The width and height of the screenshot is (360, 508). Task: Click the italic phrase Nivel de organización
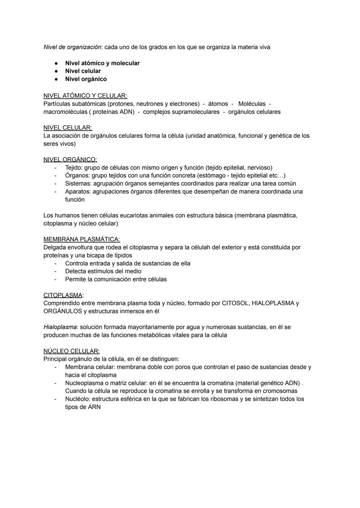72,47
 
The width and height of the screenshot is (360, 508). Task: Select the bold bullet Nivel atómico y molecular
102,63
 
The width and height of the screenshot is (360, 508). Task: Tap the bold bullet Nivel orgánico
86,79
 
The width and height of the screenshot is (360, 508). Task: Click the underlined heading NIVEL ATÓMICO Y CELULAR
85,96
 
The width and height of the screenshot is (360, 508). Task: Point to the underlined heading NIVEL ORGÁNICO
70,160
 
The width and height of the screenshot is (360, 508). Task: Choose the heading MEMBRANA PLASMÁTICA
81,239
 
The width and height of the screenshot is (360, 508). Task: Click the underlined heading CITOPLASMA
63,295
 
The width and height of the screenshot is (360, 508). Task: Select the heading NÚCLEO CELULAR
71,351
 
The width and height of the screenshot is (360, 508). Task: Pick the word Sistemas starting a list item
78,184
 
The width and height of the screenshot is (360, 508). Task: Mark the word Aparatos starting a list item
78,192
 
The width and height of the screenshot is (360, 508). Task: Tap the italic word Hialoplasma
60,327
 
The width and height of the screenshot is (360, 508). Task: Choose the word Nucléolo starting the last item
77,399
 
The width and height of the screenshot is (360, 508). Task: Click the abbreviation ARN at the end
94,407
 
